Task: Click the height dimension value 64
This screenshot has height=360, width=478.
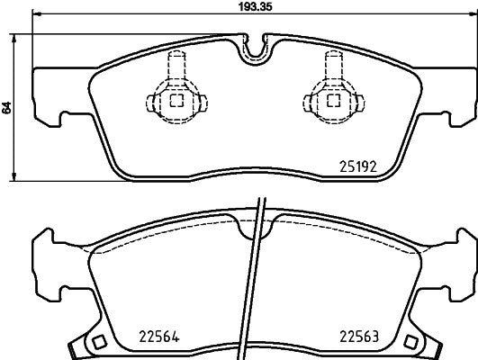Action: [x=8, y=106]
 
